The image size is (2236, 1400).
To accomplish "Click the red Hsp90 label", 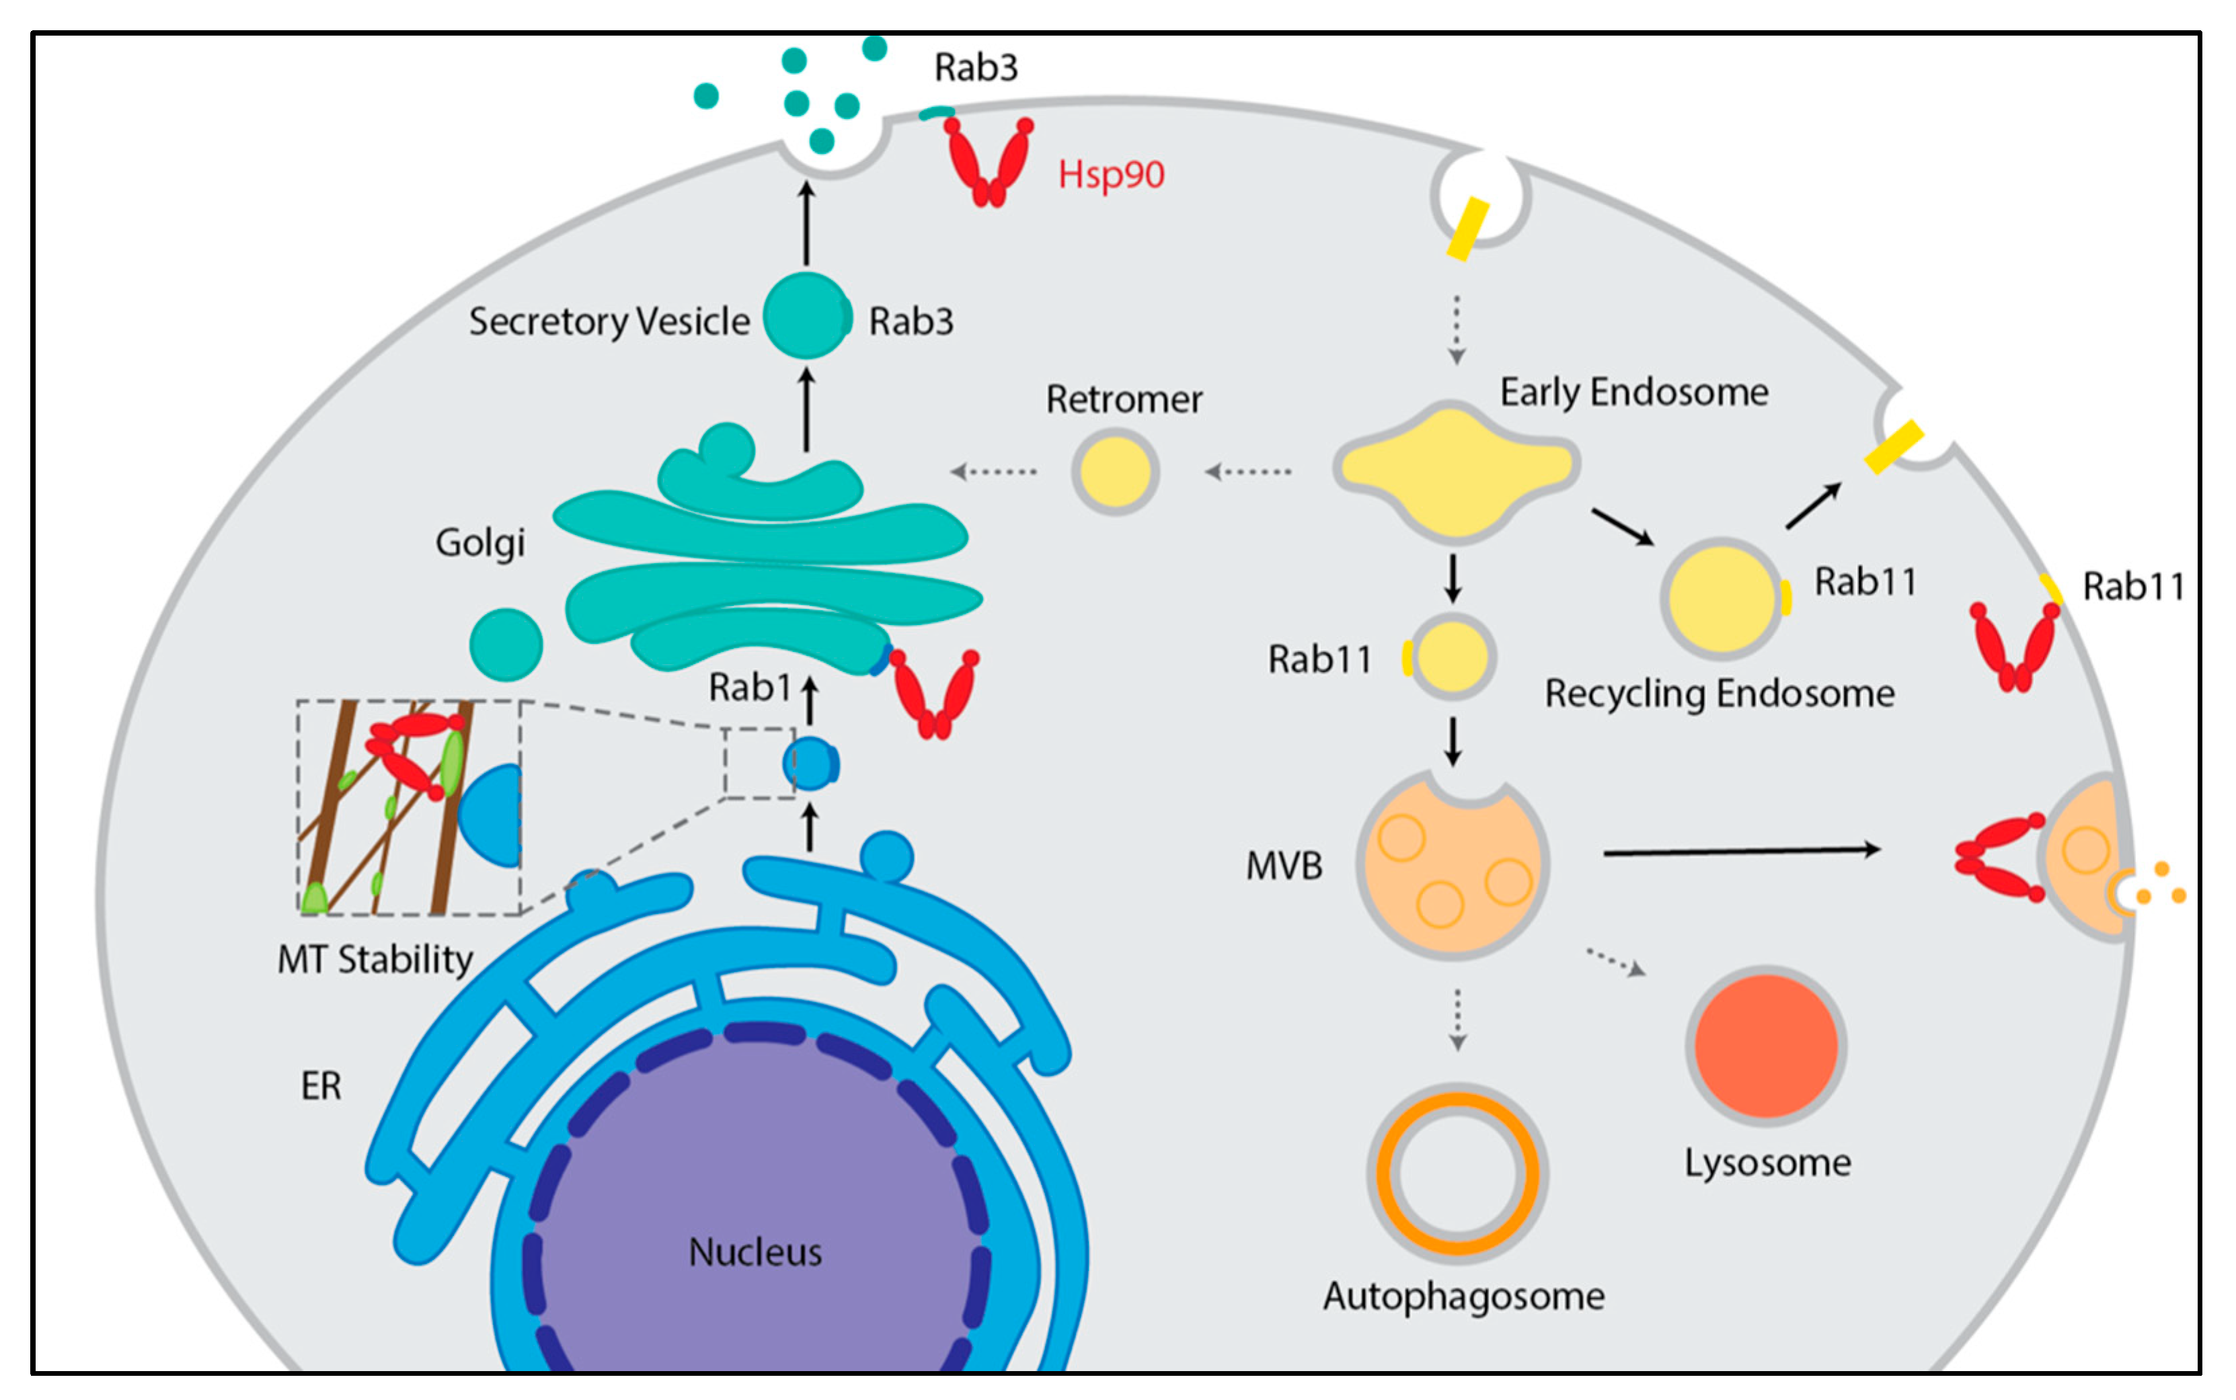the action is [x=1110, y=174].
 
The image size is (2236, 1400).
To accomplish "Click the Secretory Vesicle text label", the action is [x=609, y=321].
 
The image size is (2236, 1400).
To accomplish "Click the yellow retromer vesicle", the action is [x=1115, y=471].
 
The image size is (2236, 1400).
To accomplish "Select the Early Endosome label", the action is [x=1634, y=393].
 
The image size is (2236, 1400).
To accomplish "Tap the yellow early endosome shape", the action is [x=1456, y=470].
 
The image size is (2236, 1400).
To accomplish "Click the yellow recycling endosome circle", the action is [x=1721, y=598].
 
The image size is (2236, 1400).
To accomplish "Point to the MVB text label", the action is [x=1284, y=866].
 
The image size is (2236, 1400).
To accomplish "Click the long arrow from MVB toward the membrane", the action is [x=1741, y=851].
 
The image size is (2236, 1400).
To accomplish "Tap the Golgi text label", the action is [x=479, y=542].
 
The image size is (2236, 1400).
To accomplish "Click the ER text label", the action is [x=321, y=1085].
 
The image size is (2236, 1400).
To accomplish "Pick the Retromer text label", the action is [x=1124, y=399].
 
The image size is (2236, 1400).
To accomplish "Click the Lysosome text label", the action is [x=1767, y=1163].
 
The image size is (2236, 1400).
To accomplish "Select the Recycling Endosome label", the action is [x=1719, y=694].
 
